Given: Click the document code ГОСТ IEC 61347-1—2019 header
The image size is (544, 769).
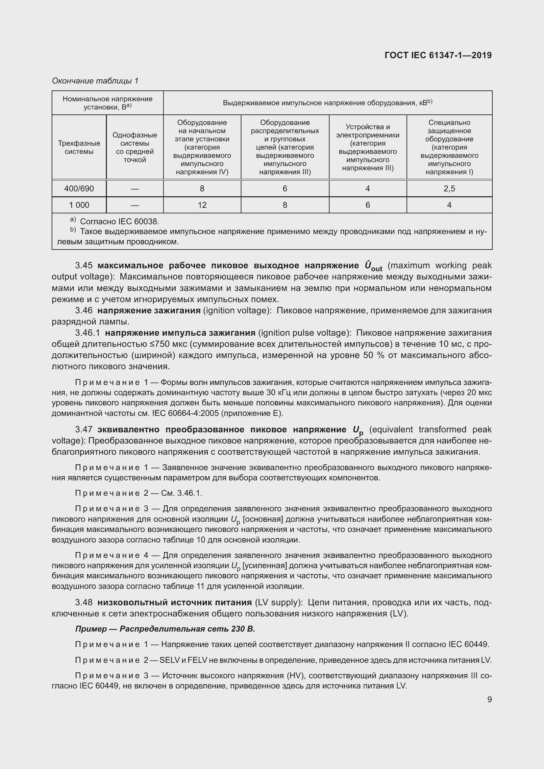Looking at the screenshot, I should tap(438, 55).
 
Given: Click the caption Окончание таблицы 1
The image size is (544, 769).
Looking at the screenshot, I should tap(95, 81).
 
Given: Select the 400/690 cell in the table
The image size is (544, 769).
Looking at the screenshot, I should tap(79, 189).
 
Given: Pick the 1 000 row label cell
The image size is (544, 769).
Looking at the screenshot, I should tap(79, 205).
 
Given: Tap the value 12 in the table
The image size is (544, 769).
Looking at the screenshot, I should tap(202, 205).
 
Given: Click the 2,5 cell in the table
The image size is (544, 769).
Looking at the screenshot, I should tap(449, 189).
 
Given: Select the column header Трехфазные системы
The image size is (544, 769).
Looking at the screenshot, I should tap(79, 147).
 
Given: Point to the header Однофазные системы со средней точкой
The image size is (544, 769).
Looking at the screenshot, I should tap(135, 147).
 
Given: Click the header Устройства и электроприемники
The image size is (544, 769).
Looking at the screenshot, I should tap(367, 131).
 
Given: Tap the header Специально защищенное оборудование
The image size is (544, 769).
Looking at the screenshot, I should tap(449, 131).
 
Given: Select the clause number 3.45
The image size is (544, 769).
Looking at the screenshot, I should tap(84, 266).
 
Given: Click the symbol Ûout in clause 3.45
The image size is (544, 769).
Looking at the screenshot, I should tap(373, 266).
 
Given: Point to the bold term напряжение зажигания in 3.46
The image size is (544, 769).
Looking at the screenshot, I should tap(149, 310).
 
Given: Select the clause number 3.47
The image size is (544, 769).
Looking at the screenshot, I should tap(84, 430).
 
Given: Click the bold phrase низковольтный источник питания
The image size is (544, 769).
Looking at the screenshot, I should tap(175, 603).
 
